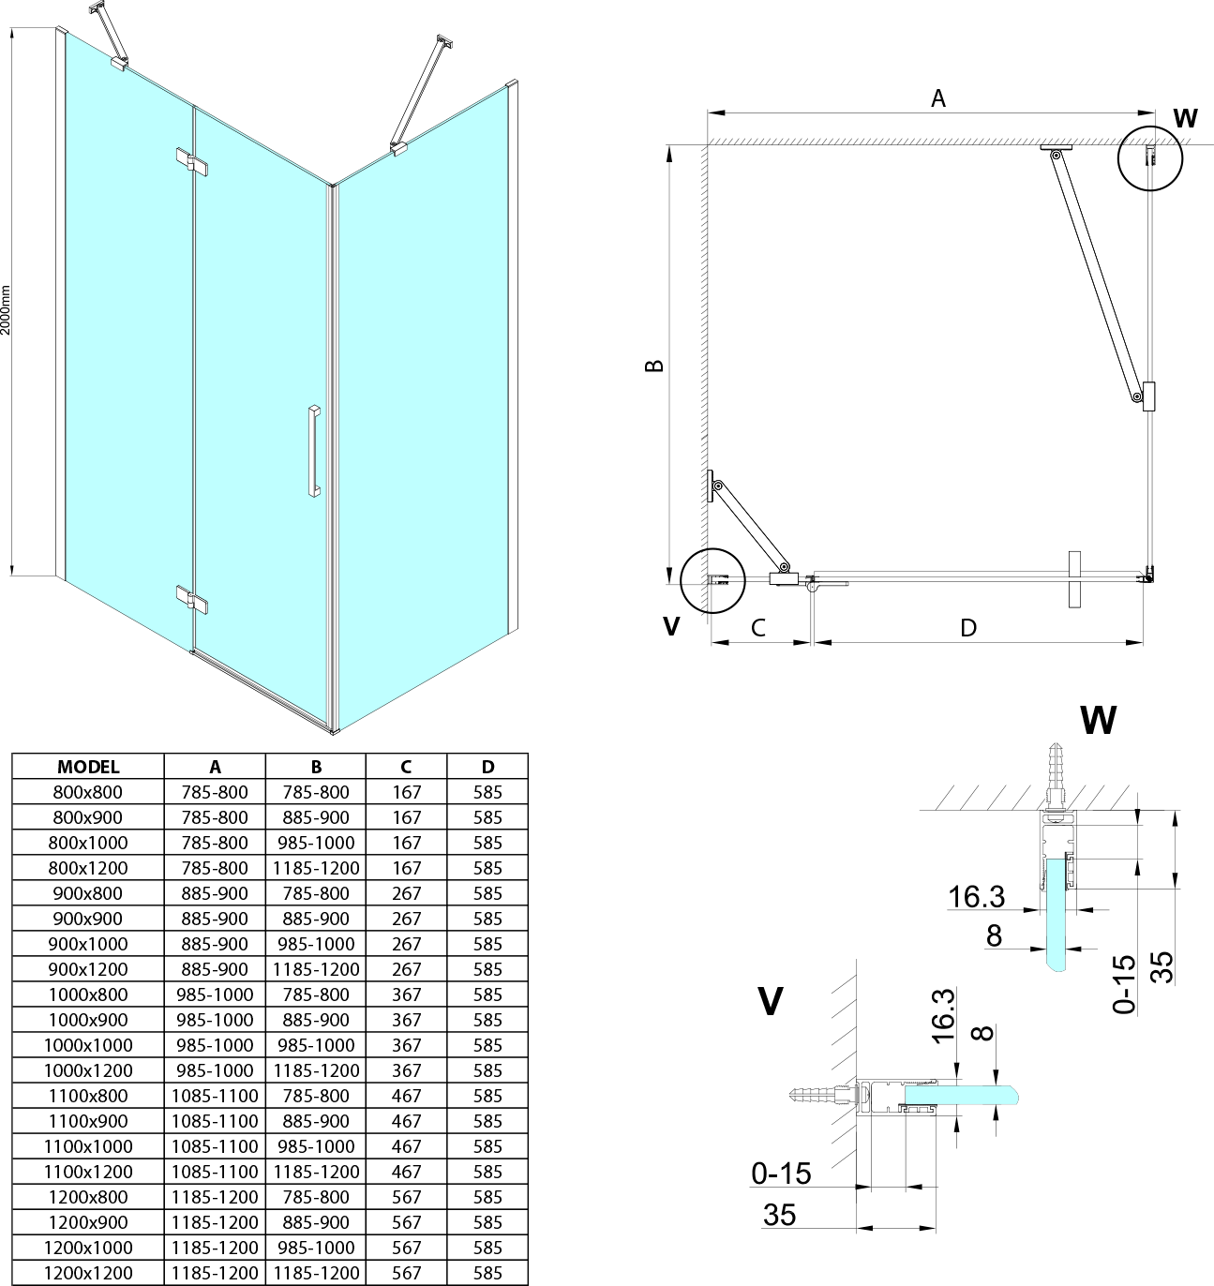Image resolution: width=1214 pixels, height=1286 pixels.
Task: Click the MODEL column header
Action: click(x=88, y=767)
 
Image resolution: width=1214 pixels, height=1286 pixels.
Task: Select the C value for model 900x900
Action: click(x=406, y=919)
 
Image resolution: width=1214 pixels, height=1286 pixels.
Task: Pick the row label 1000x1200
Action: click(x=88, y=1070)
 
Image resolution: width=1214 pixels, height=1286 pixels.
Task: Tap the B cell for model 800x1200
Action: click(x=316, y=868)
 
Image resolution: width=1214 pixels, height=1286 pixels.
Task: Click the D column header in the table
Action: click(x=487, y=767)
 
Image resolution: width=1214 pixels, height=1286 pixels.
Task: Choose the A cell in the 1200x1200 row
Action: click(x=215, y=1273)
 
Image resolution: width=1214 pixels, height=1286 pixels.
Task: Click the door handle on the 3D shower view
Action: click(x=312, y=450)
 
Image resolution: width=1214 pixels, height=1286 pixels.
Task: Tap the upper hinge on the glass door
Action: click(x=191, y=161)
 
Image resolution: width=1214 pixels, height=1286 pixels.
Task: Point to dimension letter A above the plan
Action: click(x=937, y=97)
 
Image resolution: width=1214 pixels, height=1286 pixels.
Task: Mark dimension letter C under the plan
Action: click(x=757, y=626)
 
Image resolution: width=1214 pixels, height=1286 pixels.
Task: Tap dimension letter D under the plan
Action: click(x=968, y=627)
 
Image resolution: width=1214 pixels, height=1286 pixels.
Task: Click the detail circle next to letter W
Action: click(x=1150, y=158)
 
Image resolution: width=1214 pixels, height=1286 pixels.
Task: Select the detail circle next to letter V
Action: click(x=712, y=579)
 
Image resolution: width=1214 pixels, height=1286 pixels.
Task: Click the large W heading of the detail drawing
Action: click(x=1098, y=720)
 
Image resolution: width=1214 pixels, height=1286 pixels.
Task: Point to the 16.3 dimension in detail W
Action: click(x=976, y=897)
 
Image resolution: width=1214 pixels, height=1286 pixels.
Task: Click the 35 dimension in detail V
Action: click(x=779, y=1215)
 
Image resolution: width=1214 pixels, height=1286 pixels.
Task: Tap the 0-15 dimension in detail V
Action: click(x=781, y=1173)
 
